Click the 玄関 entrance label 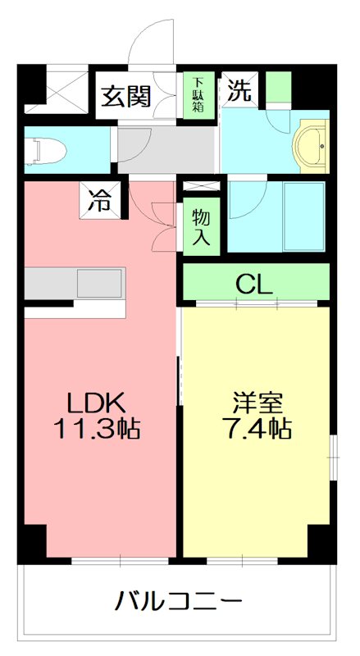point(126,97)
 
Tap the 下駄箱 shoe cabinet point(199,97)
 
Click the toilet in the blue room point(45,150)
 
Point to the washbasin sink point(309,147)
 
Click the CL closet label point(254,283)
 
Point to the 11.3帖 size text point(96,427)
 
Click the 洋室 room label point(257,403)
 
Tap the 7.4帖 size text point(257,427)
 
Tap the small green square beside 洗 point(279,86)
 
